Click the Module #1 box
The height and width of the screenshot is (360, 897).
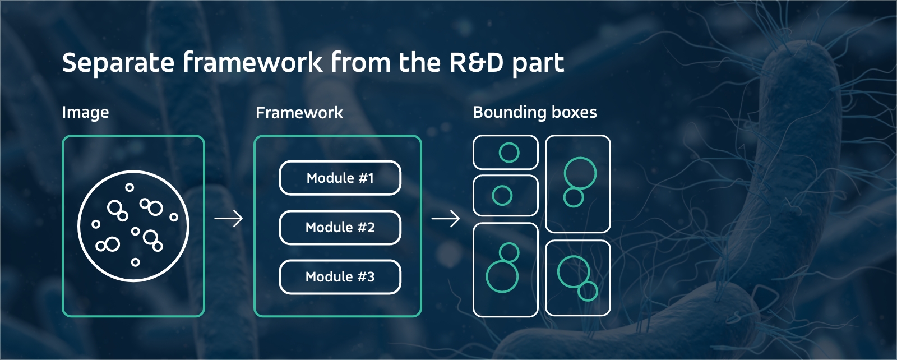click(x=340, y=178)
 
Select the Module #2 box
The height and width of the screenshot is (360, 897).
click(x=340, y=228)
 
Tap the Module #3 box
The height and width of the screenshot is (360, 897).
click(x=340, y=277)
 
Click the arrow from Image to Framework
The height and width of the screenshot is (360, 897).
click(x=229, y=218)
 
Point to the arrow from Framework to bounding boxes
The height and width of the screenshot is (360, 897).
click(x=446, y=218)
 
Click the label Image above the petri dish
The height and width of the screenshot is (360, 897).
click(x=85, y=113)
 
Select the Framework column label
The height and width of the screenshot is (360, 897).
click(x=299, y=113)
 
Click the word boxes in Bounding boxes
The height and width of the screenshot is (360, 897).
click(x=574, y=112)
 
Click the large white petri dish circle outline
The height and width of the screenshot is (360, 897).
click(x=79, y=226)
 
